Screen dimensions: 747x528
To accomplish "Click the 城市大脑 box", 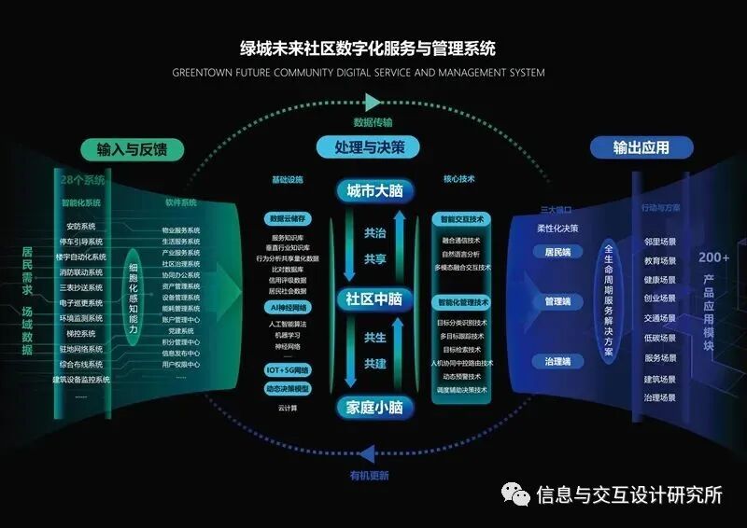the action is pos(373,191).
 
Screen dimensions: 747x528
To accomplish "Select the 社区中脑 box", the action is pos(373,299).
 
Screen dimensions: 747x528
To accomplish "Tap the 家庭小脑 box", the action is pos(373,407).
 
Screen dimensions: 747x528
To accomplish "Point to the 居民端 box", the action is pos(557,252).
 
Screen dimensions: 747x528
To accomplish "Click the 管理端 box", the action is pos(557,302).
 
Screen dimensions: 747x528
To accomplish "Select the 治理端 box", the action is pos(557,361).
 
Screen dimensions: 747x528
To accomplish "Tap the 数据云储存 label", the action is pos(288,219).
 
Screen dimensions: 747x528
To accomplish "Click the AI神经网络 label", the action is pos(288,307).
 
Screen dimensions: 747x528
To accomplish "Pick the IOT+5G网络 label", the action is pos(288,370).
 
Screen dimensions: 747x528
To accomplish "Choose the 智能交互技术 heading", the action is pos(461,219).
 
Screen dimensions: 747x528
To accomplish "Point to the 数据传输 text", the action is pos(373,122).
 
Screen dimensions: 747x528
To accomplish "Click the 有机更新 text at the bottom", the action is pos(369,475).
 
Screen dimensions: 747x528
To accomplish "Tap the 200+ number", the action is pos(713,257).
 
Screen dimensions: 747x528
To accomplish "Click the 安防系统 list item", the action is pos(81,226).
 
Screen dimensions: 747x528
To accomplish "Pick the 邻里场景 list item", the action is pos(660,241).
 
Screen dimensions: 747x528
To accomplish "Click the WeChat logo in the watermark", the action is pos(514,494).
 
